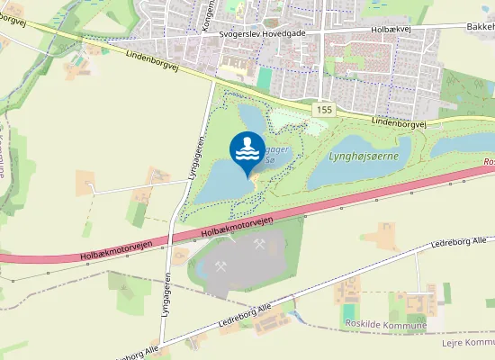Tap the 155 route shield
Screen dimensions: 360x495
click(x=325, y=108)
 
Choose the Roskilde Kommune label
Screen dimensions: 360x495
click(x=385, y=324)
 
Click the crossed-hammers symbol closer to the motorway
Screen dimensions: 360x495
click(x=259, y=244)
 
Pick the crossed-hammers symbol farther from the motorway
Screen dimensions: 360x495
click(x=221, y=266)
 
